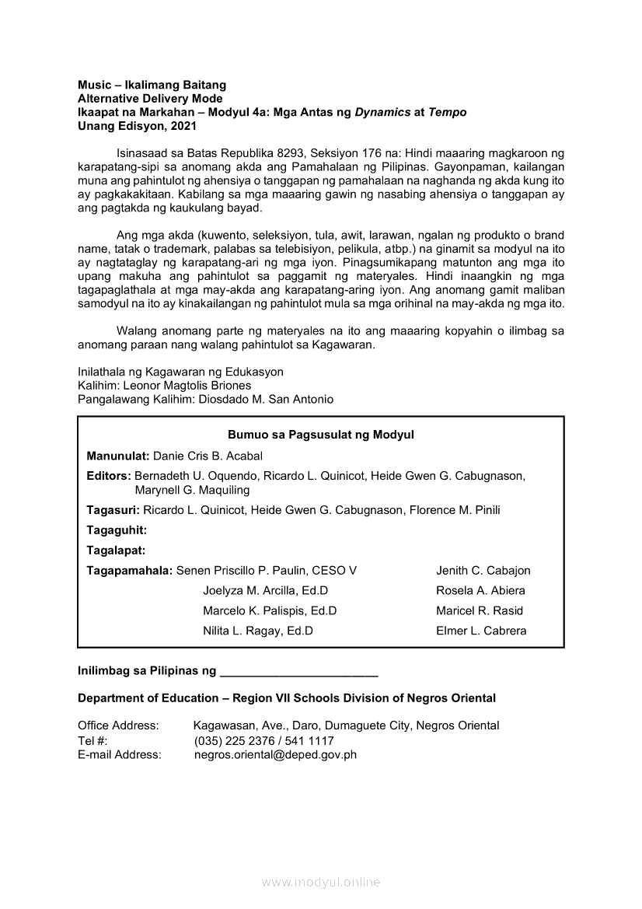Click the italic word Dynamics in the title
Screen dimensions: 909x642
click(x=383, y=112)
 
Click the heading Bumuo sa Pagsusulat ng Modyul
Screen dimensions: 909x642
click(x=321, y=435)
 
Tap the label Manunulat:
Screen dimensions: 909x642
click(x=118, y=456)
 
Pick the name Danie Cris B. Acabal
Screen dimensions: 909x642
click(x=208, y=456)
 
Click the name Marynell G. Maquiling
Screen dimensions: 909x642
click(x=192, y=490)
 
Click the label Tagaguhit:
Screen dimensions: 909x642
click(x=117, y=530)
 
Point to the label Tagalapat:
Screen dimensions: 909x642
click(x=117, y=551)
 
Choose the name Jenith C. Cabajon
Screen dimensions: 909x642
click(x=483, y=571)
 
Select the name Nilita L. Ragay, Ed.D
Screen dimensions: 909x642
click(x=258, y=631)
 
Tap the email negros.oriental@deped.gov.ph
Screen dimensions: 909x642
click(x=275, y=754)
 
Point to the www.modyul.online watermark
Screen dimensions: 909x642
click(x=321, y=883)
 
